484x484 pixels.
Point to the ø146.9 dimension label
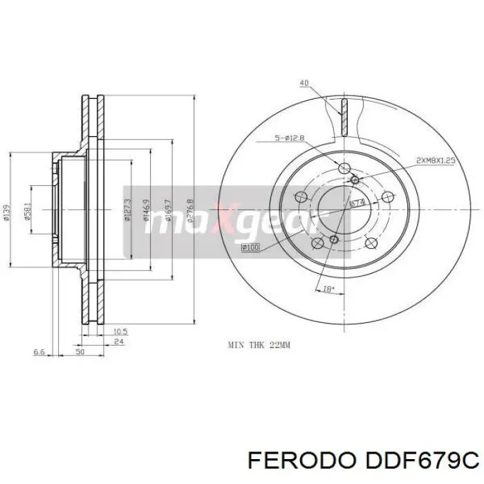(147, 212)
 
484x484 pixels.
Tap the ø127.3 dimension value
(128, 210)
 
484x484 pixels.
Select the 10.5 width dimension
(120, 331)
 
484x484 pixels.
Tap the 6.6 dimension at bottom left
(39, 353)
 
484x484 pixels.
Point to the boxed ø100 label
(250, 247)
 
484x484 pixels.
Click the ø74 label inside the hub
(357, 203)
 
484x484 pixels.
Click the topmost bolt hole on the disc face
(344, 168)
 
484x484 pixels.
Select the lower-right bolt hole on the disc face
(370, 242)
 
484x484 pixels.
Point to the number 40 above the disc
(304, 84)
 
